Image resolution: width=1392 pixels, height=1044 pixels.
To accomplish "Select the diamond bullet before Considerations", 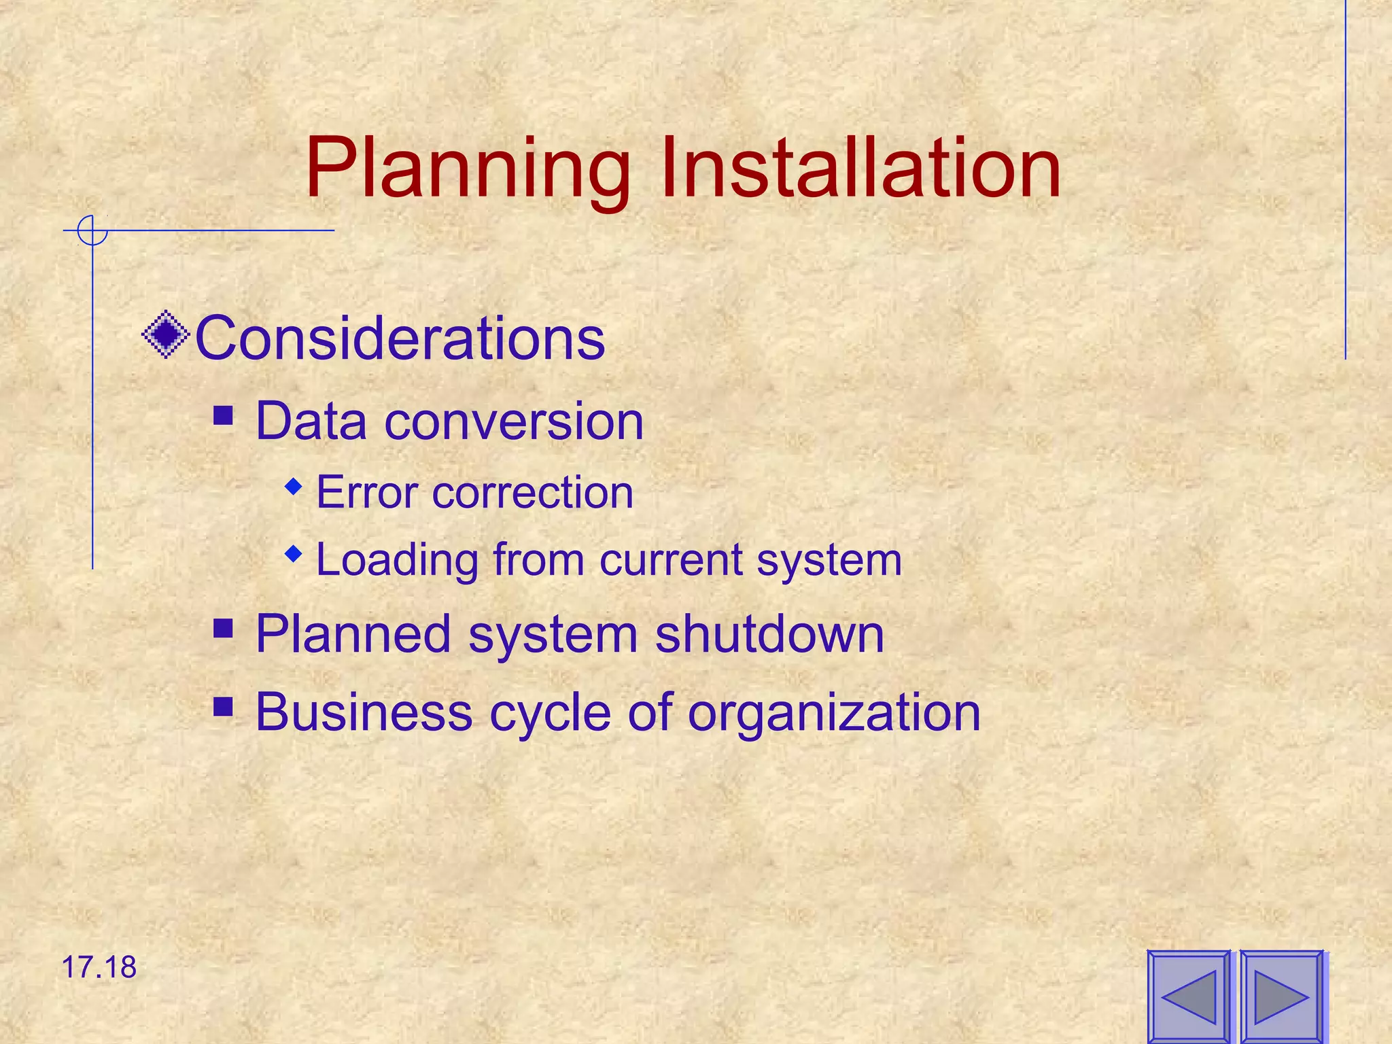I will coord(166,334).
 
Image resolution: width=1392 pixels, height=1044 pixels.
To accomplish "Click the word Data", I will coord(311,421).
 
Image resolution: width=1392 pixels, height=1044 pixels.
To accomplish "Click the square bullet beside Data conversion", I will coord(223,415).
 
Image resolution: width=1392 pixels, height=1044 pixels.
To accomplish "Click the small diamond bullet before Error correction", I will coord(294,486).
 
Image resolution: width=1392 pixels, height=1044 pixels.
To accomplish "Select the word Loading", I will coord(398,561).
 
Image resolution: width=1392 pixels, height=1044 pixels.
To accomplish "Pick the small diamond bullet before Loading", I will coord(294,554).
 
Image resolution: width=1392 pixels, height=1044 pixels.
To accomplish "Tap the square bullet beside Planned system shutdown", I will coord(223,628).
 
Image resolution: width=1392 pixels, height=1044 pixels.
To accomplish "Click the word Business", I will coord(364,712).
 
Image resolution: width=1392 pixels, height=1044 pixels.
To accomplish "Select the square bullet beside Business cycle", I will coord(223,707).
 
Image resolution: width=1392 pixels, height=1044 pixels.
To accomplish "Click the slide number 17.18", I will coord(99,967).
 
